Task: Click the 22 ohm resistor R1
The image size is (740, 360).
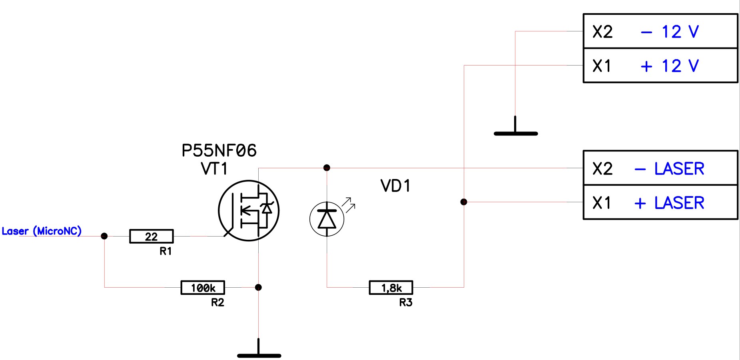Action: pyautogui.click(x=152, y=236)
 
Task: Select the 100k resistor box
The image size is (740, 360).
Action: pyautogui.click(x=203, y=288)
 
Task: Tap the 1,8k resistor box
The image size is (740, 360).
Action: pyautogui.click(x=391, y=288)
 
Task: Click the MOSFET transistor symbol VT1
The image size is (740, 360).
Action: pyautogui.click(x=249, y=211)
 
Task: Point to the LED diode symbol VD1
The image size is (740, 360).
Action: pyautogui.click(x=327, y=219)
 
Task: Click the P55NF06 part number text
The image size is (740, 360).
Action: pyautogui.click(x=219, y=151)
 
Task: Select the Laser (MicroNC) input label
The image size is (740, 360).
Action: pyautogui.click(x=42, y=231)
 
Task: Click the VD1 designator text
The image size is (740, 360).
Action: pyautogui.click(x=395, y=186)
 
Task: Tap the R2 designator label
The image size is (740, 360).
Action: pyautogui.click(x=217, y=302)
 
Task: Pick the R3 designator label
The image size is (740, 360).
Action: pyautogui.click(x=406, y=302)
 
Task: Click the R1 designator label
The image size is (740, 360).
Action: pyautogui.click(x=166, y=251)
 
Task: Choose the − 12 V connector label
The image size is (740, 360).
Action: pyautogui.click(x=670, y=32)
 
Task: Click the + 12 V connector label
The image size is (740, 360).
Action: pyautogui.click(x=670, y=66)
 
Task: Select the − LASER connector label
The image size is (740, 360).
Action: pyautogui.click(x=670, y=169)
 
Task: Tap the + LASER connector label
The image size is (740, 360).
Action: pyautogui.click(x=670, y=203)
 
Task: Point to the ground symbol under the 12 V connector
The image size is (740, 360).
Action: pyautogui.click(x=516, y=130)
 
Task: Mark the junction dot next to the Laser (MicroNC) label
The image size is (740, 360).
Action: pyautogui.click(x=104, y=236)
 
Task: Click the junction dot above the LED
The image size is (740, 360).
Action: pyautogui.click(x=327, y=168)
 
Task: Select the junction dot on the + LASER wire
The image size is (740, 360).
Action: pyautogui.click(x=464, y=202)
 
